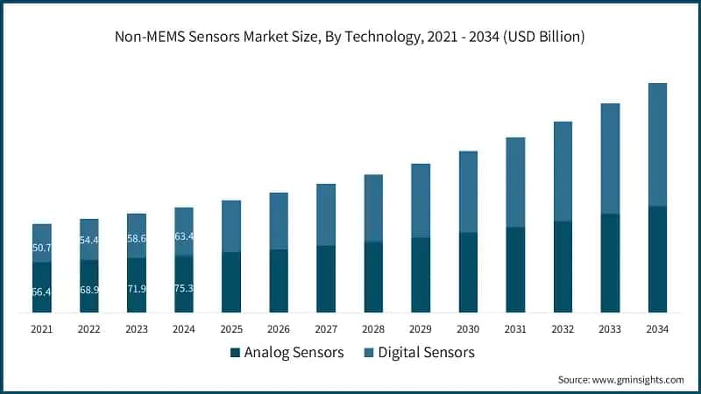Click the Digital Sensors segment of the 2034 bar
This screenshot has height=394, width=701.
(x=657, y=144)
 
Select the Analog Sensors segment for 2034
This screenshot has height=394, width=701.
(x=657, y=259)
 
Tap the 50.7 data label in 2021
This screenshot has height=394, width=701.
(x=42, y=248)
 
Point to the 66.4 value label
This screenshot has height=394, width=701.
(x=42, y=292)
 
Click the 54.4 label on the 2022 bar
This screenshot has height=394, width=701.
(x=89, y=240)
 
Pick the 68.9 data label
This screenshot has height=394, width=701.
(x=89, y=289)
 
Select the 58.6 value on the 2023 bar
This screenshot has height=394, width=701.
(x=137, y=238)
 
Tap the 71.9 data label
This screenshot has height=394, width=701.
(x=137, y=288)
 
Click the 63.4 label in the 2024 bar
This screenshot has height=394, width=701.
(x=184, y=236)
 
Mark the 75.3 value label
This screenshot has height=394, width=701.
(x=184, y=287)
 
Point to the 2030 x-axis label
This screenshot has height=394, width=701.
(x=468, y=329)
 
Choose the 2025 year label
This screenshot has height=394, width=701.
(x=231, y=329)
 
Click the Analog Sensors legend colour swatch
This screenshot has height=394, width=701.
(x=235, y=353)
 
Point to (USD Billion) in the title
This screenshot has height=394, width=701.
(x=541, y=37)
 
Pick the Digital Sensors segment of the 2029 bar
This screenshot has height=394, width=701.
(x=421, y=201)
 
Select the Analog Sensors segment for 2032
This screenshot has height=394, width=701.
(x=563, y=267)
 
